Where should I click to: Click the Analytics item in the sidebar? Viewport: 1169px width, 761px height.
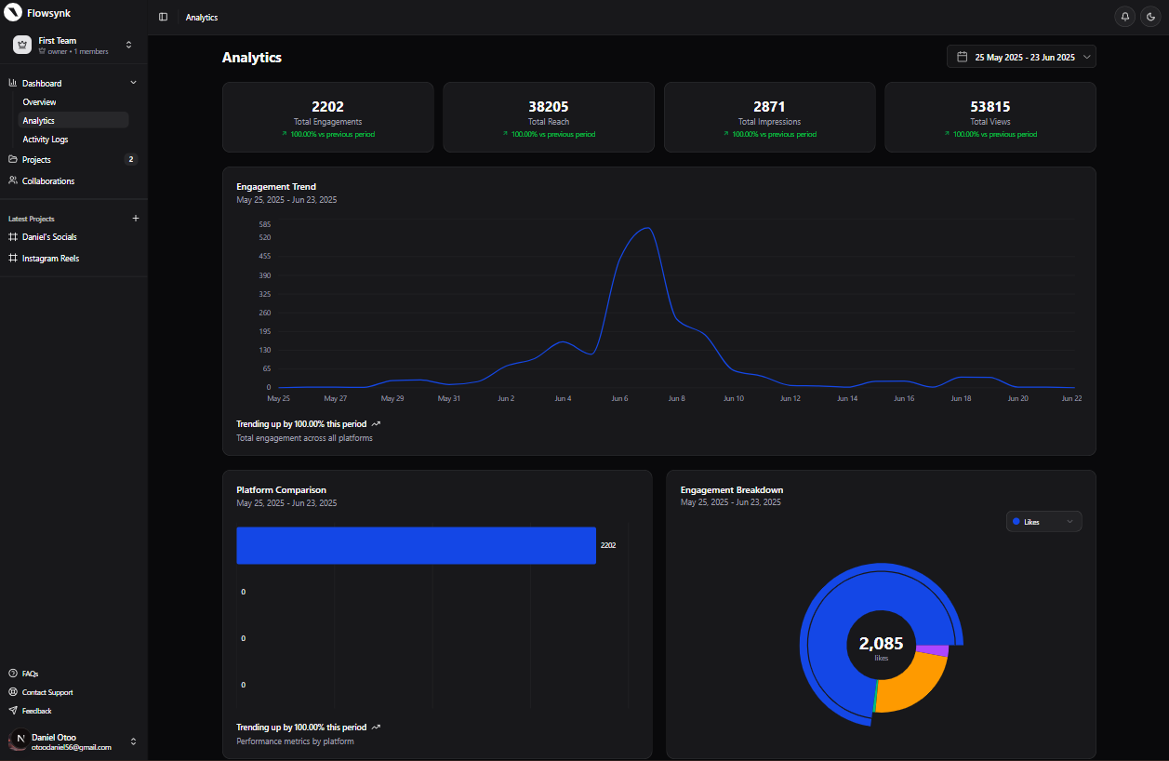pyautogui.click(x=39, y=121)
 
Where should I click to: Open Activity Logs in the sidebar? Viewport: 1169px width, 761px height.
pyautogui.click(x=46, y=140)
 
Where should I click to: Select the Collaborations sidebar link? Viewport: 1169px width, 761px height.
pyautogui.click(x=48, y=181)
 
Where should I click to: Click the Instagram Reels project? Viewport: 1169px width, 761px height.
pyautogui.click(x=50, y=259)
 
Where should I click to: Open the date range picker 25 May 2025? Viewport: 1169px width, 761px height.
pyautogui.click(x=1021, y=57)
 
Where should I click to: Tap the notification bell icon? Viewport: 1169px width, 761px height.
pyautogui.click(x=1125, y=17)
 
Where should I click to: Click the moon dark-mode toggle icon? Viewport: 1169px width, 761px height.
pyautogui.click(x=1150, y=17)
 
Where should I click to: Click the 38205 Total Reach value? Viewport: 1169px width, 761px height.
pyautogui.click(x=549, y=107)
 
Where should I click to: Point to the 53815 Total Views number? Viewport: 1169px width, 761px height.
pyautogui.click(x=990, y=107)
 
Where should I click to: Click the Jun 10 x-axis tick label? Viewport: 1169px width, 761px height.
pyautogui.click(x=734, y=398)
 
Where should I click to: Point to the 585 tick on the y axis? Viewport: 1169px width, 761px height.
pyautogui.click(x=265, y=224)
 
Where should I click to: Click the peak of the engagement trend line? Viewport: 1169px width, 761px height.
pyautogui.click(x=646, y=228)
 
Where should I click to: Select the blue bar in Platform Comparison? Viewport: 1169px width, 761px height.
pyautogui.click(x=416, y=545)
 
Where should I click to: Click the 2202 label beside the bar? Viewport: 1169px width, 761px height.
pyautogui.click(x=608, y=545)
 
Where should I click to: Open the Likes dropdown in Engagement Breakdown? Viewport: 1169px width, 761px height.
pyautogui.click(x=1043, y=522)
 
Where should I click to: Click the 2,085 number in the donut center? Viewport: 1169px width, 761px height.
pyautogui.click(x=881, y=643)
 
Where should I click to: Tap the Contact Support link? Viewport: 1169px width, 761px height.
pyautogui.click(x=47, y=692)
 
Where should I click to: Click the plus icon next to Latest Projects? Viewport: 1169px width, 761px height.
pyautogui.click(x=136, y=219)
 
